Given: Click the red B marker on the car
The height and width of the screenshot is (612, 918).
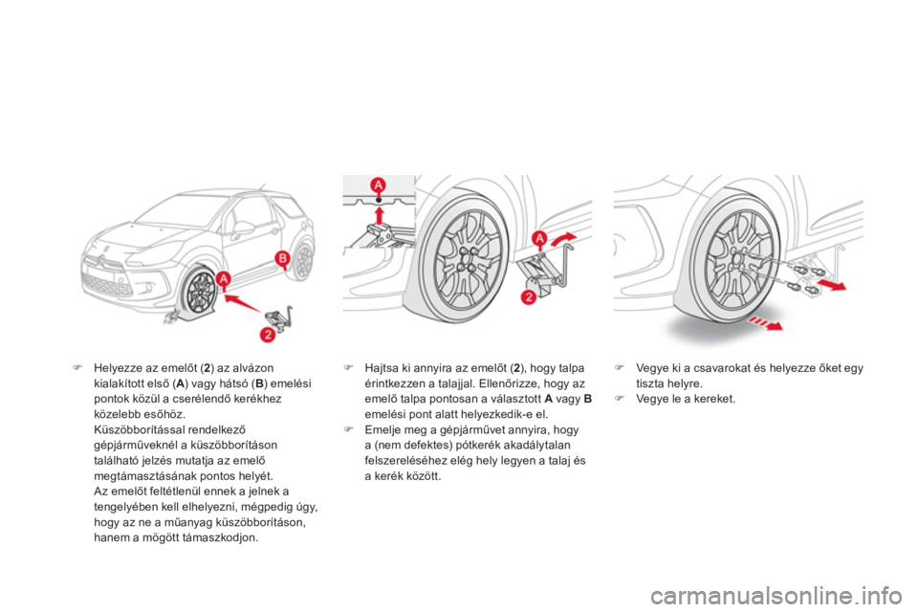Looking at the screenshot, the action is click(283, 258).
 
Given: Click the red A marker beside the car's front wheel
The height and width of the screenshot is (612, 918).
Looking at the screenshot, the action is click(223, 280).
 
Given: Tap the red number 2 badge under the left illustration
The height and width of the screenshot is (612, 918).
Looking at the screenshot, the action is click(267, 335).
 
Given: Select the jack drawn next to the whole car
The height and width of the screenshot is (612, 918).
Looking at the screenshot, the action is click(280, 317).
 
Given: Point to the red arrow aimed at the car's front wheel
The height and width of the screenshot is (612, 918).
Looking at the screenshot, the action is click(243, 303).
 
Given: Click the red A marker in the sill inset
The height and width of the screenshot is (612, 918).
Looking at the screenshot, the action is click(379, 186).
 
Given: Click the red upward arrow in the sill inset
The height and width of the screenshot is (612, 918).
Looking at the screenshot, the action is click(379, 214).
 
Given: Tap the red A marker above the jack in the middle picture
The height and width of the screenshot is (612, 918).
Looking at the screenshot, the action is click(538, 238).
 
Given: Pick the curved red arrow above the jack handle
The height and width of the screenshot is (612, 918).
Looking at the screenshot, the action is click(563, 238).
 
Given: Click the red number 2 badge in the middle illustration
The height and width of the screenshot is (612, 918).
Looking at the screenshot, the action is click(528, 297).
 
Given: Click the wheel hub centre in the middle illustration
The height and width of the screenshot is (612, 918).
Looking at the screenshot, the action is click(466, 258).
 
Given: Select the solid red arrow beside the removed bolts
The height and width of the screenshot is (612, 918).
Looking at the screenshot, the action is click(832, 285).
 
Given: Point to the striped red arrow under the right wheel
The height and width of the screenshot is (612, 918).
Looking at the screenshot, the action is click(765, 323).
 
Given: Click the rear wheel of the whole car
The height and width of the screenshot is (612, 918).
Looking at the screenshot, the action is click(303, 261).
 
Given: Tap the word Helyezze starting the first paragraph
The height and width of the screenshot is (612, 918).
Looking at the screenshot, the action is click(116, 368).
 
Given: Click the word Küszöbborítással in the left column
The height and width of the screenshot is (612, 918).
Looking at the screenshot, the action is click(132, 430).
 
